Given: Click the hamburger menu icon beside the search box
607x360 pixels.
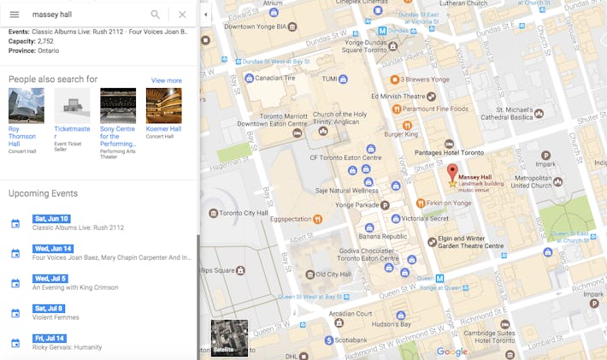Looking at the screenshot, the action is (x=14, y=15).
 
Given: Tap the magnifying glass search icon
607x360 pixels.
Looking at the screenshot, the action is (x=156, y=15).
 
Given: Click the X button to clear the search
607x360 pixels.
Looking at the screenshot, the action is (x=182, y=15).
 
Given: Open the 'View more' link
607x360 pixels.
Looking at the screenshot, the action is (x=166, y=80).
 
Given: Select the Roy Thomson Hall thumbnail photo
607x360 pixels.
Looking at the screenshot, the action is (x=26, y=106).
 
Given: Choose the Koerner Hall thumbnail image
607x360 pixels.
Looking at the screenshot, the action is (x=163, y=106).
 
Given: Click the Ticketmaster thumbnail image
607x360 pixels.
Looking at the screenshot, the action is (x=72, y=106).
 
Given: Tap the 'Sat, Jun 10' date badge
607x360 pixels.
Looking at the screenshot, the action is (x=50, y=219).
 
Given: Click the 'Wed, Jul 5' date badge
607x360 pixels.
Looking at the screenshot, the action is (x=50, y=279).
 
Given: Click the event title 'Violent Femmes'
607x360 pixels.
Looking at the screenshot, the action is (x=56, y=317).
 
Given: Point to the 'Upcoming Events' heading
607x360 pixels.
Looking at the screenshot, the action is (x=43, y=193).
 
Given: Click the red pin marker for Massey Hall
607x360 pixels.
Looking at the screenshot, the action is (x=453, y=171).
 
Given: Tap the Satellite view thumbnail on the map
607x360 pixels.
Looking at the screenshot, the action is (x=229, y=338).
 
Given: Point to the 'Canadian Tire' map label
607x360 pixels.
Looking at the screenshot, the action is (x=275, y=78).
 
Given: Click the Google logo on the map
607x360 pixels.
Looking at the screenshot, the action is (x=451, y=351).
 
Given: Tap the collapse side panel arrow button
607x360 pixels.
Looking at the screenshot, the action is (x=205, y=15).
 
